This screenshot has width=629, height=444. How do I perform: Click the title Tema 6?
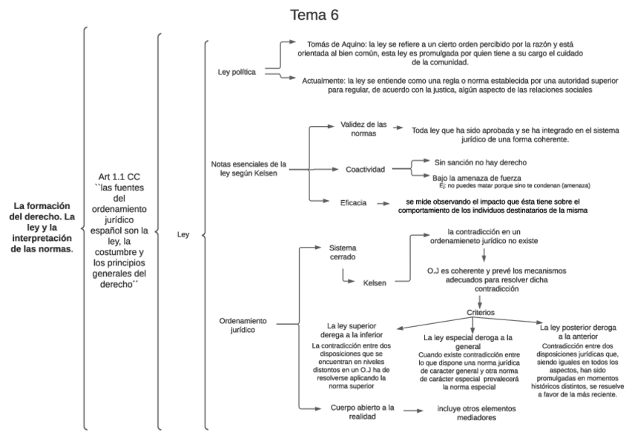pyautogui.click(x=314, y=15)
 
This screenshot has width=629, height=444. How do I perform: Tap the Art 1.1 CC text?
pyautogui.click(x=119, y=177)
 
